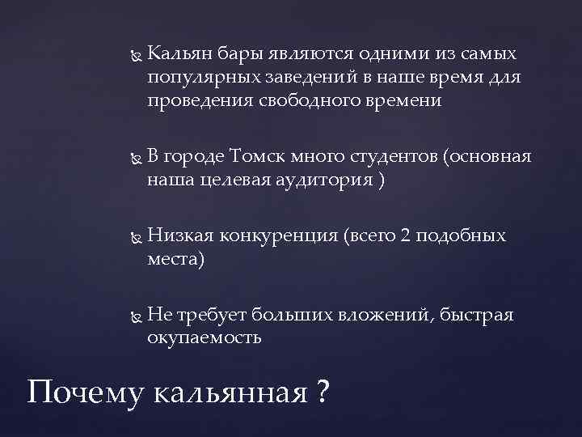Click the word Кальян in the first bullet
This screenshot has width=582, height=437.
pos(178,54)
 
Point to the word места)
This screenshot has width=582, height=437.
pos(176,259)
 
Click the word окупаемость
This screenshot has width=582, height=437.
pos(205,337)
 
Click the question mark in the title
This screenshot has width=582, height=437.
pos(323,392)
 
